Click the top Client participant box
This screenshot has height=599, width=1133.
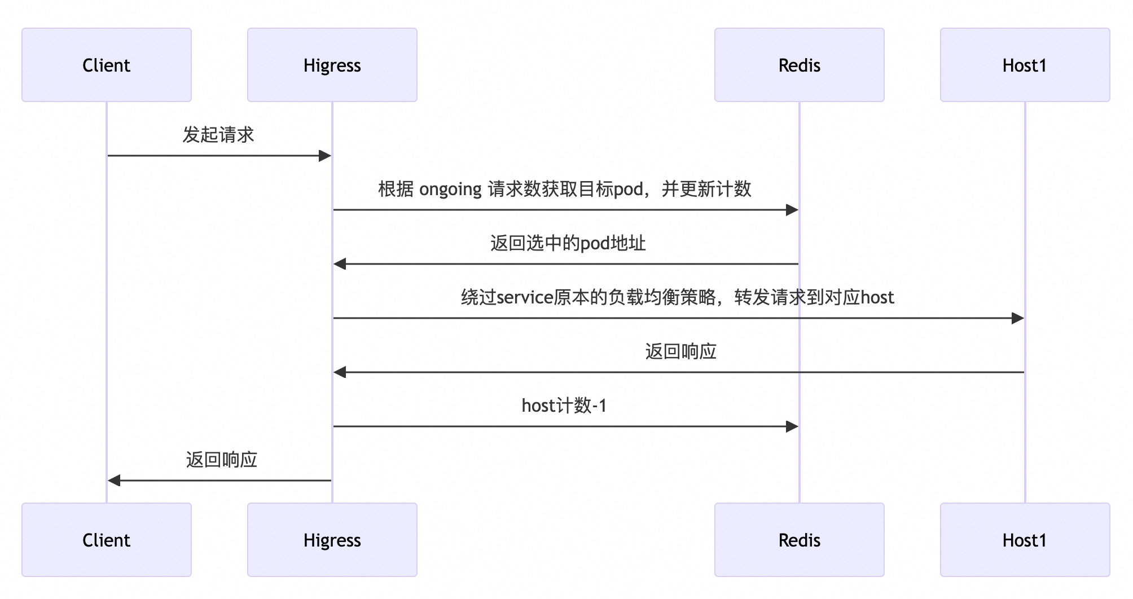pyautogui.click(x=107, y=65)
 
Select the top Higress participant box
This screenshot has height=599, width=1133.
pyautogui.click(x=332, y=65)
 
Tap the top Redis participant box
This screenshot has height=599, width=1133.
pyautogui.click(x=799, y=65)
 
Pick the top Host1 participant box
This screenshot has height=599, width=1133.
pyautogui.click(x=1025, y=65)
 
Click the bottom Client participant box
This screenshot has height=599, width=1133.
pyautogui.click(x=107, y=540)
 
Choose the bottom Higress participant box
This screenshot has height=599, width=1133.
pyautogui.click(x=332, y=540)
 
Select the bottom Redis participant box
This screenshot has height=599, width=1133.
pyautogui.click(x=799, y=540)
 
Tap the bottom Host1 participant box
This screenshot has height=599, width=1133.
pyautogui.click(x=1025, y=540)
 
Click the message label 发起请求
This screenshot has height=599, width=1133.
pyautogui.click(x=218, y=135)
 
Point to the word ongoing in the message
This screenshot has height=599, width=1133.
pyautogui.click(x=450, y=190)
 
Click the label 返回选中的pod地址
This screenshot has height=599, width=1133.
pyautogui.click(x=568, y=243)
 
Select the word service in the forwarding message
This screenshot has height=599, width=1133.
pyautogui.click(x=525, y=297)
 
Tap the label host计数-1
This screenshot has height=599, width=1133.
pyautogui.click(x=564, y=406)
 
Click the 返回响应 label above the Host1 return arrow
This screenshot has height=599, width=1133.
pyautogui.click(x=680, y=351)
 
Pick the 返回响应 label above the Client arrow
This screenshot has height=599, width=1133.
pyautogui.click(x=221, y=460)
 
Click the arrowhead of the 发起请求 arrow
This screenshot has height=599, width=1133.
pyautogui.click(x=325, y=156)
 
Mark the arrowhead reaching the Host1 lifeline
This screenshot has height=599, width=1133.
pyautogui.click(x=1017, y=318)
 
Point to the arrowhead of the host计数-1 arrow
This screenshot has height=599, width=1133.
pyautogui.click(x=792, y=426)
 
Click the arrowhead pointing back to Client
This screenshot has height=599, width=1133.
pyautogui.click(x=115, y=481)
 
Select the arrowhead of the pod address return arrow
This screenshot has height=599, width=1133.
pyautogui.click(x=340, y=264)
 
